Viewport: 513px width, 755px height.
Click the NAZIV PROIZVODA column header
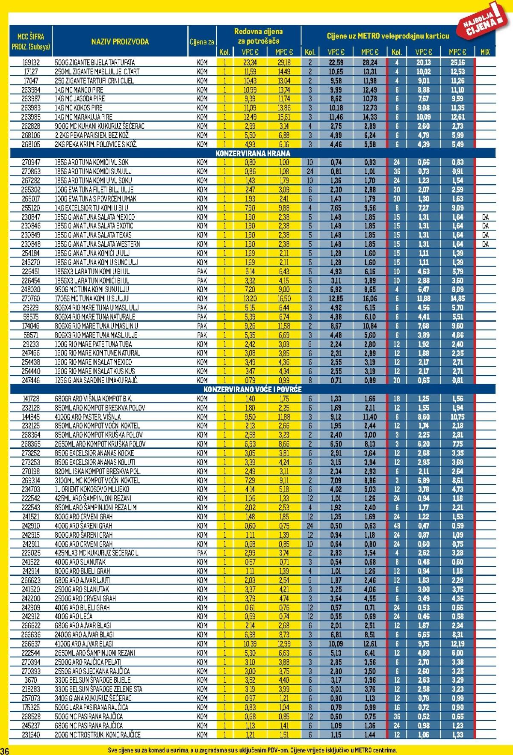120,41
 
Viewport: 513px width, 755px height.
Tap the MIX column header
485,52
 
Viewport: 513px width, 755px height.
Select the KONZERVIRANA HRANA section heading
253,153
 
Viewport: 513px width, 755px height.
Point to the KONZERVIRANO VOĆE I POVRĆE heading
253,389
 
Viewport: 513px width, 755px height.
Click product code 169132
31,62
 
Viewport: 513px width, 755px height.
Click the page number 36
5,751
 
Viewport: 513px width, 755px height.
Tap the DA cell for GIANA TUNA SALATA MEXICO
485,217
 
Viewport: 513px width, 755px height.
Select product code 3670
31,680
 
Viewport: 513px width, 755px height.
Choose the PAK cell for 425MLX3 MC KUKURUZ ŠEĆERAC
202,553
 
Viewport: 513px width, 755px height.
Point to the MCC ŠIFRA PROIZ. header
31,41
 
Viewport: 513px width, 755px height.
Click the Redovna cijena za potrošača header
258,36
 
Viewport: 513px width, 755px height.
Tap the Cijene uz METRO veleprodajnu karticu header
388,36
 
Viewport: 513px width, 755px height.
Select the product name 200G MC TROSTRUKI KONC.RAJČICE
97,734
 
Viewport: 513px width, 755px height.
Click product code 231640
31,734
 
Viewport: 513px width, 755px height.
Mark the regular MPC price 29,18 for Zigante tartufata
284,62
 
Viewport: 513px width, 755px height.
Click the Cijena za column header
202,42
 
